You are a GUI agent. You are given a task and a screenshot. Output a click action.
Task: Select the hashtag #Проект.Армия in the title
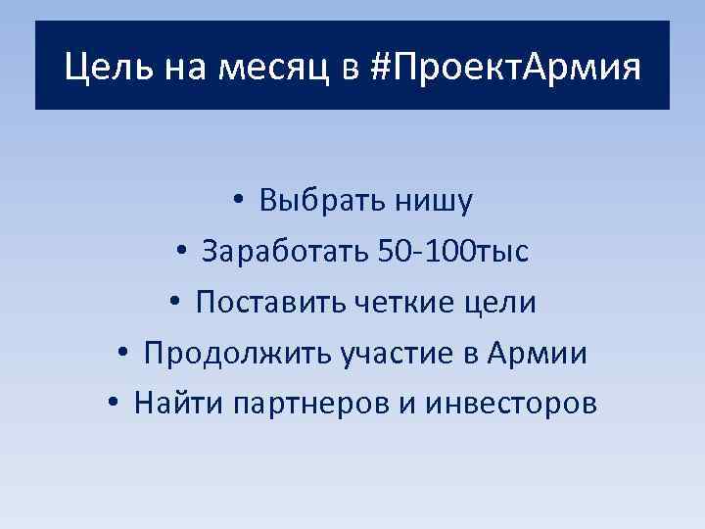(x=507, y=69)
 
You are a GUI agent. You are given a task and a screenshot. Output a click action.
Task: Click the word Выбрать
(x=321, y=201)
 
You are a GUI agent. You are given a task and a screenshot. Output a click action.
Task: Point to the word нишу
(x=435, y=201)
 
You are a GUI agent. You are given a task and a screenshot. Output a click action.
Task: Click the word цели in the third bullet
(x=499, y=303)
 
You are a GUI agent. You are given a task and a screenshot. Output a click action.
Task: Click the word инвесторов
(x=511, y=404)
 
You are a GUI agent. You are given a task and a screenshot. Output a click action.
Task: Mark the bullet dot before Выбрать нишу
(x=240, y=202)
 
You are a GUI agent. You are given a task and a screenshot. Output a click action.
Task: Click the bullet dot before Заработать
(x=182, y=253)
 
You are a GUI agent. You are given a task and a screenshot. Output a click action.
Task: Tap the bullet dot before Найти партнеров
(x=115, y=405)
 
